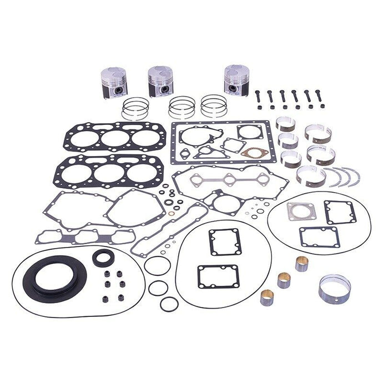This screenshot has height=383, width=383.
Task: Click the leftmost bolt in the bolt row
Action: (259, 97)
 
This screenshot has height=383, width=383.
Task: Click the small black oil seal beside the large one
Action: (103, 256)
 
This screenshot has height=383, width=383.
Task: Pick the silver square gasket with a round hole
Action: (297, 211)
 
